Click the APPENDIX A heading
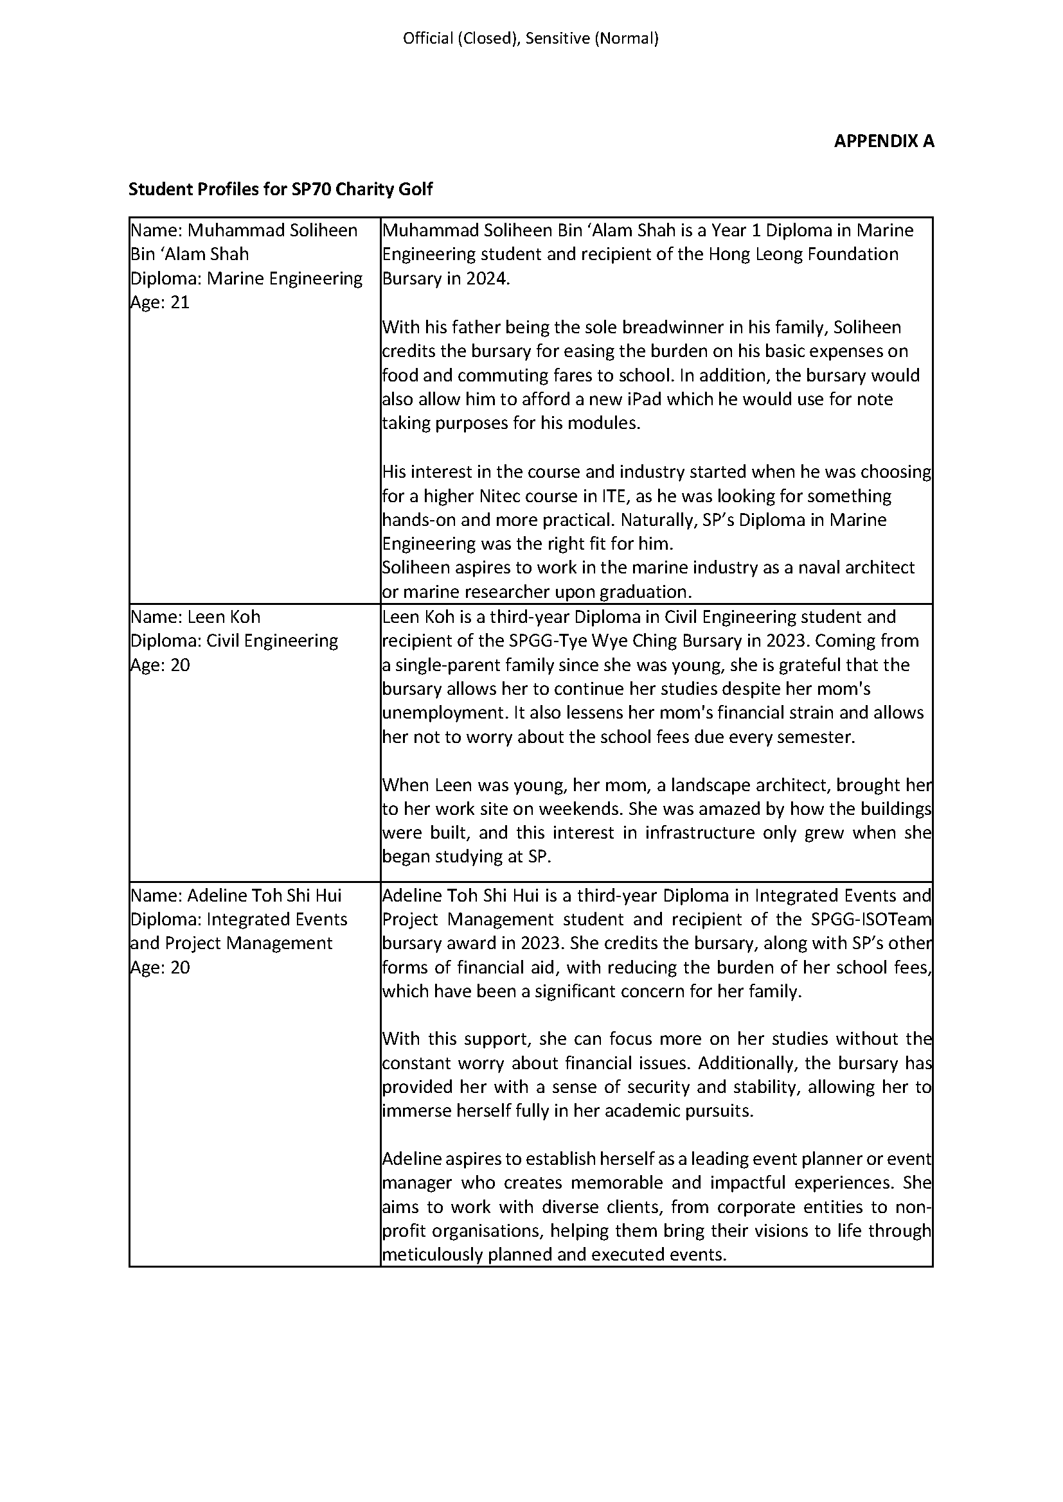pos(883,141)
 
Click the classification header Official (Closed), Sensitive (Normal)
pos(530,39)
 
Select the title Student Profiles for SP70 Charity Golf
pos(280,189)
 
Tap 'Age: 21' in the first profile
pos(161,302)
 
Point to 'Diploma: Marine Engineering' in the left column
pos(246,279)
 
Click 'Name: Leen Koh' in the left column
pos(195,617)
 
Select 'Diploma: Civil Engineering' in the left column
pos(234,640)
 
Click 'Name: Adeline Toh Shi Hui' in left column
pos(236,895)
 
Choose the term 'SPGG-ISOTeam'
pos(871,919)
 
